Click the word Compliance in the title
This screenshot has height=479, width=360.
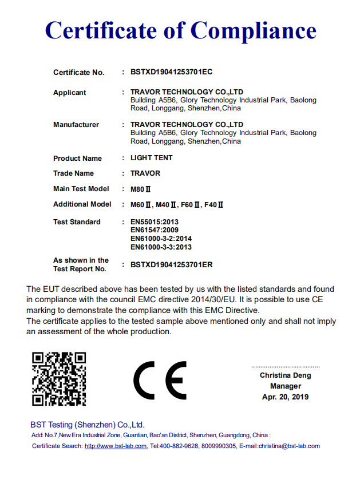click(x=253, y=30)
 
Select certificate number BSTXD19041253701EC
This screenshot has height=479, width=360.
click(x=171, y=72)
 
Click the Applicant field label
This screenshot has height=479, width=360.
click(x=69, y=92)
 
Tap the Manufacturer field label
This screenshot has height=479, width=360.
click(x=76, y=124)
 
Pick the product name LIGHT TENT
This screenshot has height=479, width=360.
click(x=151, y=157)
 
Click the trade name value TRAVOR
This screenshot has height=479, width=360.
click(x=145, y=173)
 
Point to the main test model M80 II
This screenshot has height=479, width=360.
click(x=141, y=189)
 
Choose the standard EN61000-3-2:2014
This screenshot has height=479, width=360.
click(x=161, y=239)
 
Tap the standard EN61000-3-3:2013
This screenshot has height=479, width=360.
click(x=161, y=247)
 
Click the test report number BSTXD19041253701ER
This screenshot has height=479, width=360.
click(x=171, y=264)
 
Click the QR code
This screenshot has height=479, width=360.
click(x=59, y=379)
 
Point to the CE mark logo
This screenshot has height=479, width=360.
click(x=160, y=381)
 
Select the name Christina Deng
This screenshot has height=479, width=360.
click(x=285, y=375)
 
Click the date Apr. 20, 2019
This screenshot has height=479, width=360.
click(x=285, y=397)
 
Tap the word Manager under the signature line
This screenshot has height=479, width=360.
click(x=285, y=386)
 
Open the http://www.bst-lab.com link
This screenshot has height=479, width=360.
click(x=116, y=446)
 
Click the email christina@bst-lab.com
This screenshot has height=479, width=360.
click(x=288, y=446)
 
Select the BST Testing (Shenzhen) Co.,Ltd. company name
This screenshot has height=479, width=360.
click(x=88, y=425)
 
